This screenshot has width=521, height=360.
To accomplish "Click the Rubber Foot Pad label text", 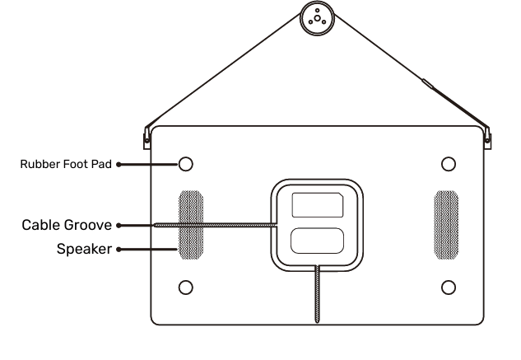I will [66, 164].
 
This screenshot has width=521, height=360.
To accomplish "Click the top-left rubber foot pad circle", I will [186, 163].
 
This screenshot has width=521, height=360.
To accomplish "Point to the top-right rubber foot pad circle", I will [449, 163].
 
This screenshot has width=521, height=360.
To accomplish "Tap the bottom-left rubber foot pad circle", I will [186, 287].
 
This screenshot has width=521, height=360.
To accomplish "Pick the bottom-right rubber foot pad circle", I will [449, 287].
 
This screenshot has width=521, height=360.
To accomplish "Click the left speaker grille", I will [191, 225].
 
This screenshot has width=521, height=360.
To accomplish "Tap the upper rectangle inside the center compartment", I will [317, 204].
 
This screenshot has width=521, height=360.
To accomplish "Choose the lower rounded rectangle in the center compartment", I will [317, 241].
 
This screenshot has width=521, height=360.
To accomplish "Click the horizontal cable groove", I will [214, 224].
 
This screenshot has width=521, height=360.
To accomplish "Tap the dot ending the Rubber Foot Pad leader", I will [119, 164].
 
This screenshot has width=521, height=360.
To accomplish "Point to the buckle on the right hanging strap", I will [426, 83].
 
